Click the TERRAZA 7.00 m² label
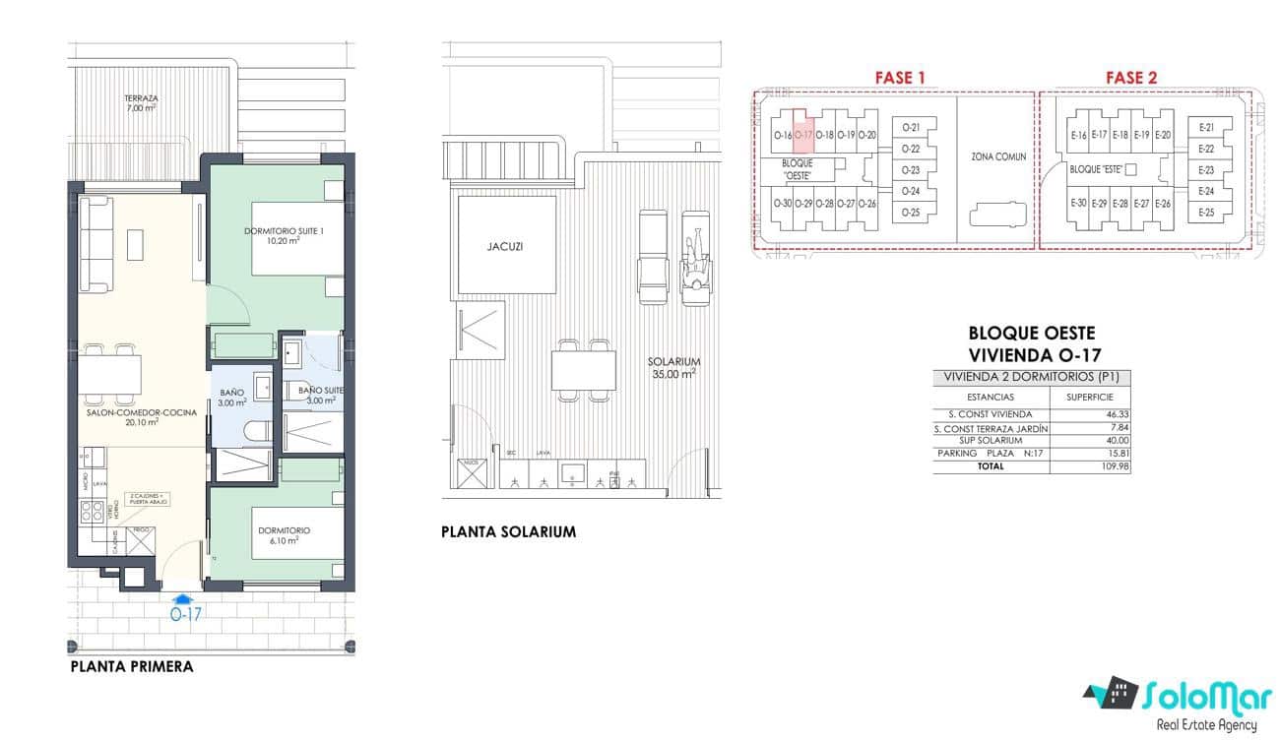coord(141,102)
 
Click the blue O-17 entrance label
coord(185,614)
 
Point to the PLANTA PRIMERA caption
coord(131,666)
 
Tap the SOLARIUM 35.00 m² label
coord(673,367)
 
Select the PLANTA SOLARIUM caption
coord(508,531)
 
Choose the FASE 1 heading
coord(900,78)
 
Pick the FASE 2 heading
coord(1131,78)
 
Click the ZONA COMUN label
coord(997,156)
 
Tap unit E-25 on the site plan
coord(1206,213)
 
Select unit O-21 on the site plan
coord(911,128)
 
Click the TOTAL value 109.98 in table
coord(1118,466)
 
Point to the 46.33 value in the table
coord(1118,415)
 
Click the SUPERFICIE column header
coord(1089,397)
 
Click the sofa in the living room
coord(96,244)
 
